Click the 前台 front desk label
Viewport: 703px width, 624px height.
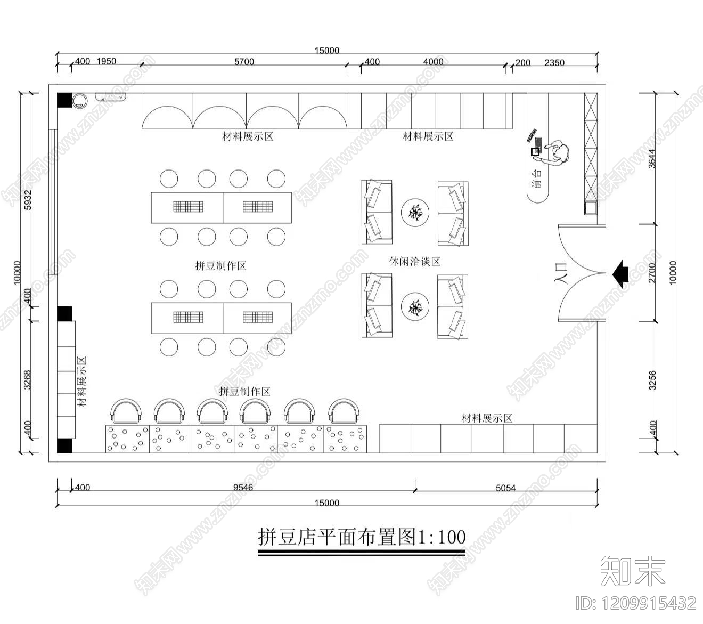tap(537, 180)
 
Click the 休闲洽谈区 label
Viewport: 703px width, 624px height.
tap(415, 262)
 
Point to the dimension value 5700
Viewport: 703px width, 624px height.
tap(244, 62)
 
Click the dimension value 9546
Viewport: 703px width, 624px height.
tap(243, 487)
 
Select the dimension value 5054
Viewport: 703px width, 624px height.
tap(505, 488)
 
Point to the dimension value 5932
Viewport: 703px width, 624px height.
tap(28, 199)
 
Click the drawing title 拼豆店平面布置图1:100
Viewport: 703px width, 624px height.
tap(362, 537)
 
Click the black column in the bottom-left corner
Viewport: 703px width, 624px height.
tap(64, 445)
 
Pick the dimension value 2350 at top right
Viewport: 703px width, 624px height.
tap(554, 62)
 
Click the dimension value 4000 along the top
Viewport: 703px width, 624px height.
tap(433, 62)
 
